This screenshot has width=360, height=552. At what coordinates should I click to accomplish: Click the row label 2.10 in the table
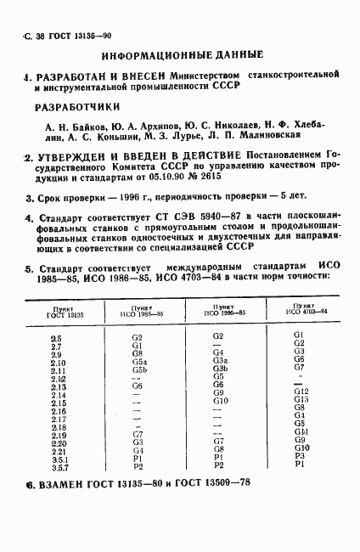[59, 363]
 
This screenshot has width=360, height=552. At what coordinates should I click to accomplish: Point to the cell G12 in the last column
[300, 391]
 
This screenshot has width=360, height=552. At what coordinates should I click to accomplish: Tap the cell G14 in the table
[301, 431]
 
